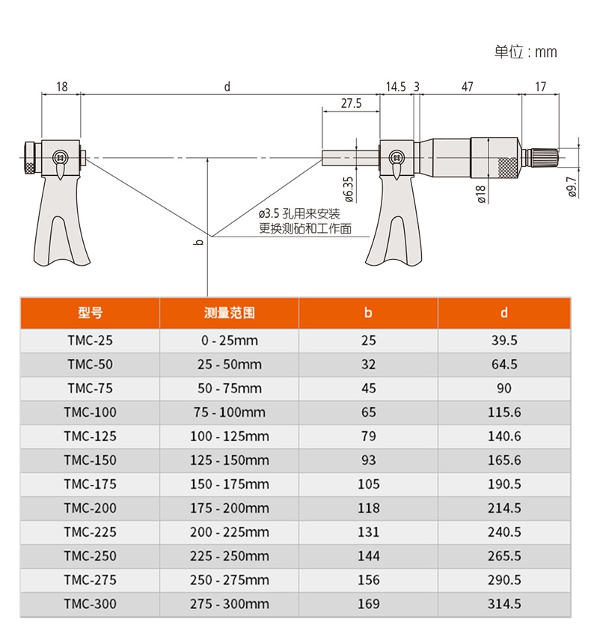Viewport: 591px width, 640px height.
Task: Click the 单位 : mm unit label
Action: point(525,52)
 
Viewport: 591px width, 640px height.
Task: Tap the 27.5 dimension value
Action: point(351,103)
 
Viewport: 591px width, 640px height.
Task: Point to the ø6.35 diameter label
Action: point(349,189)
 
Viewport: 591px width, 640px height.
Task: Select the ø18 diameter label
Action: point(481,194)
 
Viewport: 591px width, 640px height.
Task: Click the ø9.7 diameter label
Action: point(572,187)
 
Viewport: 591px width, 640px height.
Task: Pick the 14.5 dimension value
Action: point(396,87)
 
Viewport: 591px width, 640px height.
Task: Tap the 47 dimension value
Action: point(468,87)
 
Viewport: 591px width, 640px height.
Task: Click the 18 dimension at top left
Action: point(61,87)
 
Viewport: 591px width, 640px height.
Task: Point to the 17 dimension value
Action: point(540,87)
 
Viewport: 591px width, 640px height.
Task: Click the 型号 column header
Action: point(90,313)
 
